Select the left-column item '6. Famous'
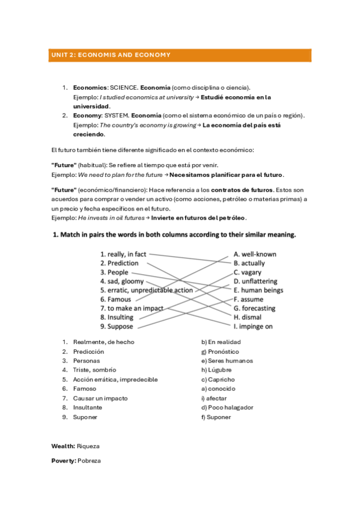click(x=115, y=299)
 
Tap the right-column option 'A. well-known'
click(x=255, y=254)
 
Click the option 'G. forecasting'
click(x=254, y=308)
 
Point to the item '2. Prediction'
click(x=119, y=263)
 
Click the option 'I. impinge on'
click(x=253, y=326)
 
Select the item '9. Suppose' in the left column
click(x=117, y=326)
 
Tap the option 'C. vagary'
click(x=248, y=272)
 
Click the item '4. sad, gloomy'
click(x=121, y=281)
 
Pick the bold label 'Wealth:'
click(x=63, y=446)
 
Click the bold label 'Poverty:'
click(x=64, y=460)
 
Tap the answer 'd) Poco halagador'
click(x=227, y=407)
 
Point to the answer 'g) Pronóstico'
click(x=220, y=351)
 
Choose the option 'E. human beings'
click(x=258, y=290)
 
